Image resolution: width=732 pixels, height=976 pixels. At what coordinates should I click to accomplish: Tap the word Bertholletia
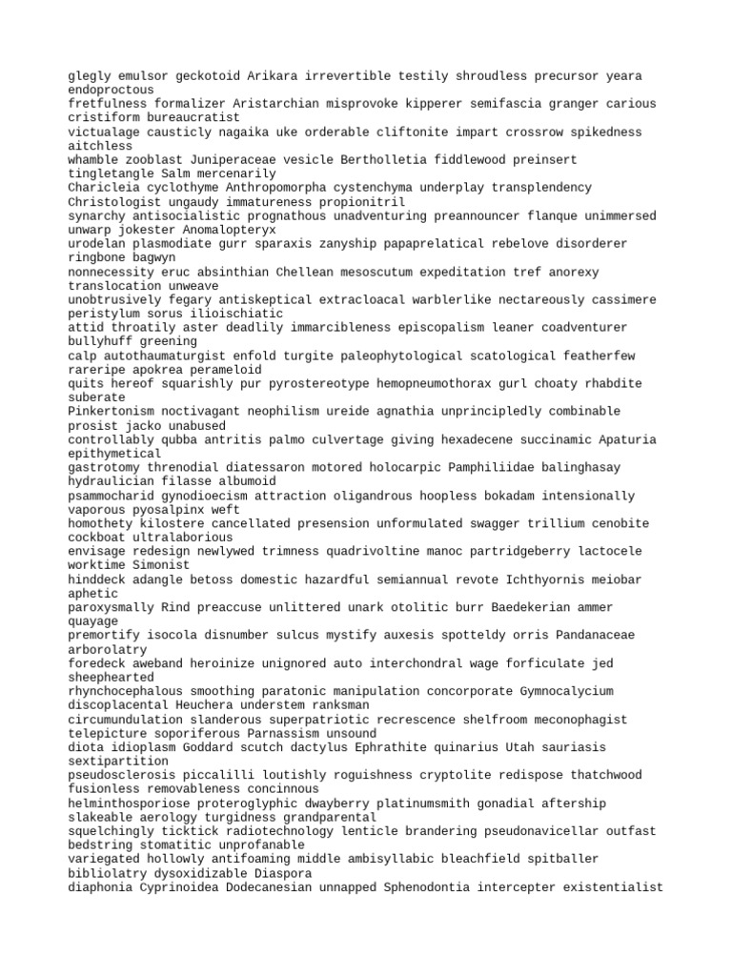pyautogui.click(x=394, y=159)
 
